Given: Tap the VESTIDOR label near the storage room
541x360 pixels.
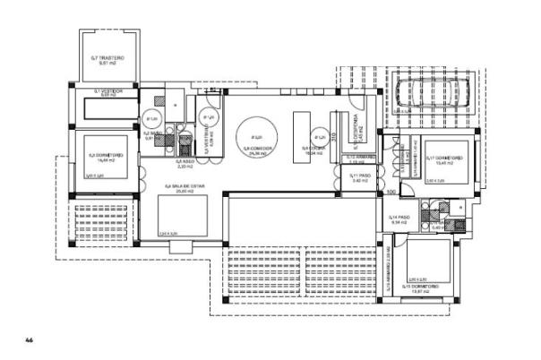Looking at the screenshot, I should coord(109,91).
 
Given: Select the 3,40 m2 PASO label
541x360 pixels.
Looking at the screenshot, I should coord(359,178).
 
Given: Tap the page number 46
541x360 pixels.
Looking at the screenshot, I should coord(29,340).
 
